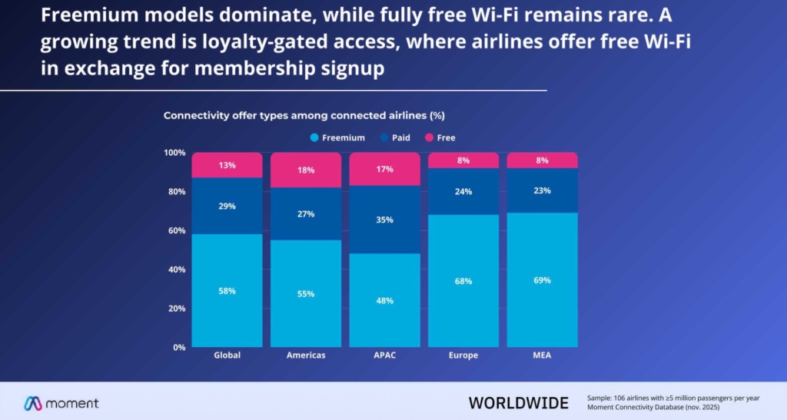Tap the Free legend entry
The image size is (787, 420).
[x=440, y=138]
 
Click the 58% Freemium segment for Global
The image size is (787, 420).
[x=227, y=291]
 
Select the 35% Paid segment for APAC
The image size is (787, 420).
[x=384, y=220]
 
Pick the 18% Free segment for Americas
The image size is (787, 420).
[x=305, y=170]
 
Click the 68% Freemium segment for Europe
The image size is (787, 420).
[x=463, y=281]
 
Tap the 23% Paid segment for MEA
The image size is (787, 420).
[x=542, y=190]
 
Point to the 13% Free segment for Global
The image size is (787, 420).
[x=227, y=165]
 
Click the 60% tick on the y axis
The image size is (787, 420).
[x=176, y=230]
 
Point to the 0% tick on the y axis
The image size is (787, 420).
[x=179, y=347]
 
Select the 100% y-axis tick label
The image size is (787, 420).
[x=174, y=153]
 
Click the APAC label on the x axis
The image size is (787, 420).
[x=384, y=356]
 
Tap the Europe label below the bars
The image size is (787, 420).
[x=463, y=356]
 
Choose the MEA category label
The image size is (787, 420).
[x=542, y=356]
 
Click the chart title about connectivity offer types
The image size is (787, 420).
[x=304, y=115]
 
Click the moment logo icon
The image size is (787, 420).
[x=32, y=403]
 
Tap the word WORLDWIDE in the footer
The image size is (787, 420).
[x=518, y=403]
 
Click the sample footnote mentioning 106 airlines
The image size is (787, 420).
[x=672, y=399]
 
